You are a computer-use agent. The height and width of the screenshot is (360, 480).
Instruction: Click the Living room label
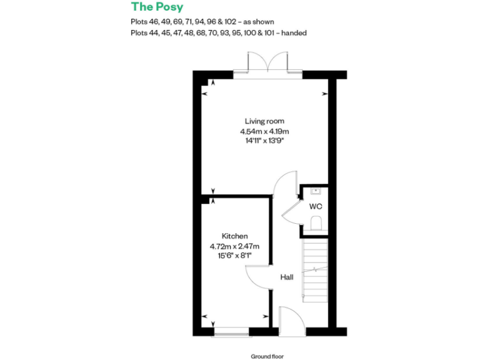(x=264, y=121)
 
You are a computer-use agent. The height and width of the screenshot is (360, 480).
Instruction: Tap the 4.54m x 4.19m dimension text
(x=264, y=131)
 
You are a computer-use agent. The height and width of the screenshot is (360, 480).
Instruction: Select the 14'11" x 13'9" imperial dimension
(x=264, y=141)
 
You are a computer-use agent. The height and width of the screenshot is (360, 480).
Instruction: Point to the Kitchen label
(x=235, y=236)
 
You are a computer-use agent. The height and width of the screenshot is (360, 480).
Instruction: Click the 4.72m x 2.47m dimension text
(x=235, y=246)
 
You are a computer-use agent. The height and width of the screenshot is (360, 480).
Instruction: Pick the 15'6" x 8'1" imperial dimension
(x=235, y=256)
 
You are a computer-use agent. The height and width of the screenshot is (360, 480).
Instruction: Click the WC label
(x=316, y=206)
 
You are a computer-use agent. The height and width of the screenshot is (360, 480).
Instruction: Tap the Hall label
(x=286, y=277)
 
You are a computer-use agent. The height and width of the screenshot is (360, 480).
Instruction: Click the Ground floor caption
(x=267, y=356)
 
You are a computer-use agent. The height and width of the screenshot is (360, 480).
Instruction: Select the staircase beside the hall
(x=315, y=270)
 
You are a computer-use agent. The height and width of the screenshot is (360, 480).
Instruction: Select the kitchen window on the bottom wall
(x=232, y=331)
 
